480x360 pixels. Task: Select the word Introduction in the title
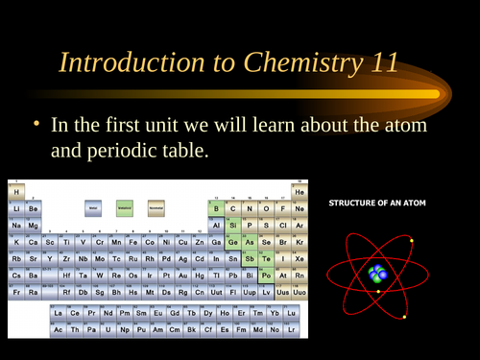[x=126, y=63]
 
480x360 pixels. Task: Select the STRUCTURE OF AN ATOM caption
[x=377, y=204]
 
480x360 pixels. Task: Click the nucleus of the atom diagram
[x=378, y=275]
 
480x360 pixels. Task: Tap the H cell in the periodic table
[x=16, y=191]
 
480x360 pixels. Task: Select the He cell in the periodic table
[x=299, y=191]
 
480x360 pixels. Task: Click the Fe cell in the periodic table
[x=132, y=241]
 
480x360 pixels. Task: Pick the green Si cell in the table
[x=232, y=225]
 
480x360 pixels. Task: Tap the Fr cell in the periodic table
[x=16, y=291]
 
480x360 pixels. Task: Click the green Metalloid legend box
[x=125, y=206]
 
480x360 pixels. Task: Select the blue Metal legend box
[x=93, y=206]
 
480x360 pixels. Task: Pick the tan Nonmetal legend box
[x=156, y=206]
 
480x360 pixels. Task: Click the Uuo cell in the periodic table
[x=299, y=291]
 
